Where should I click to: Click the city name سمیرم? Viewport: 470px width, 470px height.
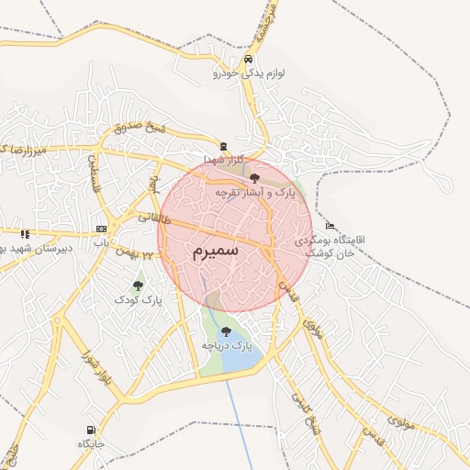pyautogui.click(x=217, y=250)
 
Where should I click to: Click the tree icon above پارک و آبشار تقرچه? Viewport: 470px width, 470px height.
pyautogui.click(x=254, y=178)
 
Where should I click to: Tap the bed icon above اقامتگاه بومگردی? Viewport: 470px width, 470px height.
pyautogui.click(x=330, y=226)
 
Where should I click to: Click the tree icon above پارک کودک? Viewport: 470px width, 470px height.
pyautogui.click(x=138, y=285)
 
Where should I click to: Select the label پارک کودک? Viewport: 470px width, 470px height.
pyautogui.click(x=139, y=300)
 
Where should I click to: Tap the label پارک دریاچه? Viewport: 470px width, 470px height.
pyautogui.click(x=227, y=345)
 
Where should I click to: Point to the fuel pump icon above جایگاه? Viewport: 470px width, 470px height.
pyautogui.click(x=90, y=430)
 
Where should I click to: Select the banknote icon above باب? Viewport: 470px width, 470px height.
pyautogui.click(x=101, y=229)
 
